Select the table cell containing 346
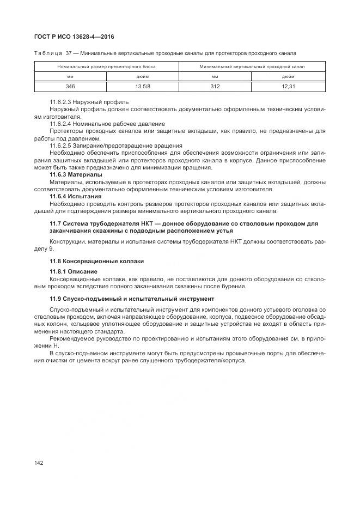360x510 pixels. click(70, 87)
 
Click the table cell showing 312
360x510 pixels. click(215, 87)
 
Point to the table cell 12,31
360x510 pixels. click(288, 87)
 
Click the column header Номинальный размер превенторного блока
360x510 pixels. click(107, 66)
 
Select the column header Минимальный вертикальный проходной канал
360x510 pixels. click(252, 66)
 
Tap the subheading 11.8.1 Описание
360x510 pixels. click(74, 271)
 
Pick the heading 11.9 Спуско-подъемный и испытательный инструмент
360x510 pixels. click(132, 299)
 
